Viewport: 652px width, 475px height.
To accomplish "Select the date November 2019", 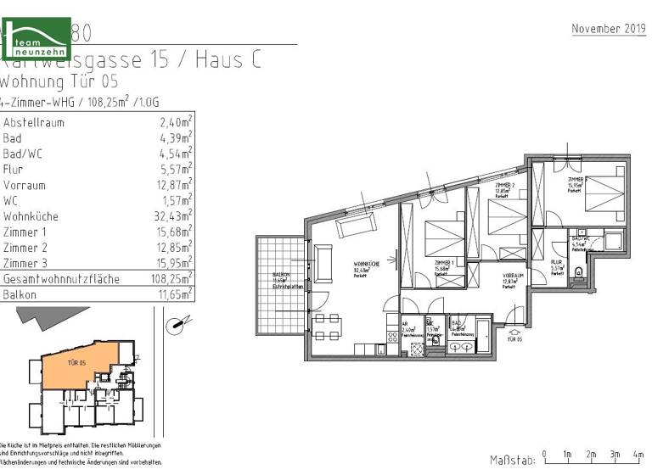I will click(608, 29).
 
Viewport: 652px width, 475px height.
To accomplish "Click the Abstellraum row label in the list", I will click(33, 122).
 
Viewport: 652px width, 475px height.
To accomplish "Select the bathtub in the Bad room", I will click(481, 337).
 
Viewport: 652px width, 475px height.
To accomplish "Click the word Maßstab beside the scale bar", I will click(511, 460).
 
